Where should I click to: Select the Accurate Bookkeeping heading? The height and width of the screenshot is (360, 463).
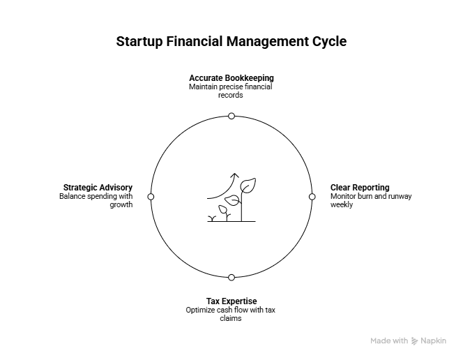[231, 78]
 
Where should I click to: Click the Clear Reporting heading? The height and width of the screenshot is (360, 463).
[360, 188]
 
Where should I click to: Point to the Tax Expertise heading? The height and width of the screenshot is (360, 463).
[231, 301]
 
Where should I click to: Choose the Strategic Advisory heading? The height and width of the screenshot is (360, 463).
[98, 188]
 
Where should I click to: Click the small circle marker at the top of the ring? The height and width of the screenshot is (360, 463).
[231, 116]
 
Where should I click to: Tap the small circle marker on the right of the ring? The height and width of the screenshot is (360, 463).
[312, 197]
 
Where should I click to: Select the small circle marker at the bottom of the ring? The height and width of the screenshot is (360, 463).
[231, 278]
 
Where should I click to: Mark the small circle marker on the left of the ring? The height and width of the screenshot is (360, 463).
[151, 197]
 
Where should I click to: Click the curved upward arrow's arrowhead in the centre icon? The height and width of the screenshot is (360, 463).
[235, 176]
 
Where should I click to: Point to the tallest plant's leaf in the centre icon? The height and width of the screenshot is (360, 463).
[248, 186]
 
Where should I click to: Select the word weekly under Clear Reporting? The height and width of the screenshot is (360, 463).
[341, 205]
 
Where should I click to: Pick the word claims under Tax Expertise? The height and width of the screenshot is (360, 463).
[231, 318]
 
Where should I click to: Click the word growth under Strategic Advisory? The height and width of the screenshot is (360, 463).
[121, 205]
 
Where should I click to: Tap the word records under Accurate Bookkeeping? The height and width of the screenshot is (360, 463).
[231, 95]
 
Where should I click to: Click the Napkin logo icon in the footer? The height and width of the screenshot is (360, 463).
[416, 341]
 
